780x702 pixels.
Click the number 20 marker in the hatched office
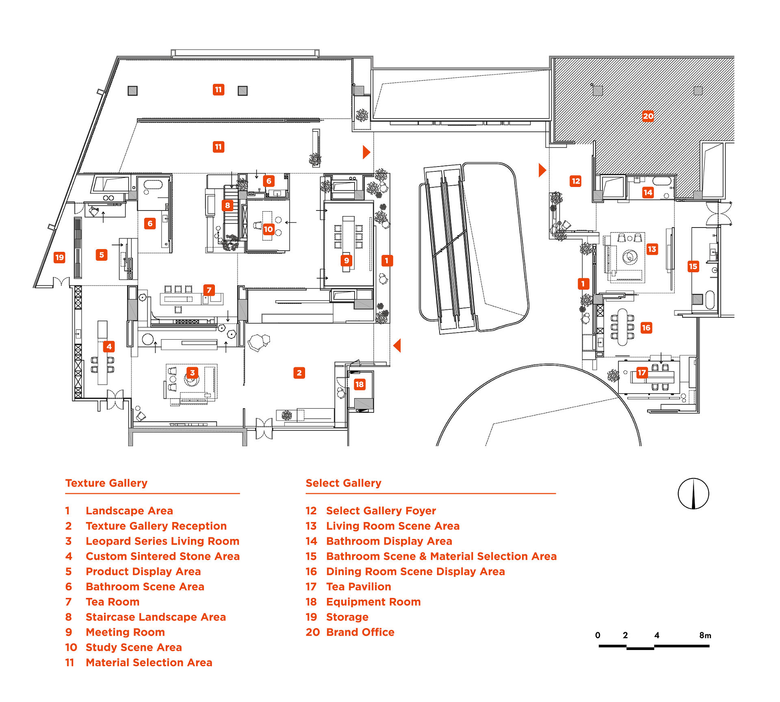pyautogui.click(x=648, y=116)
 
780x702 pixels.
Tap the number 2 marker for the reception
pyautogui.click(x=299, y=373)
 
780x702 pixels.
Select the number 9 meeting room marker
pyautogui.click(x=346, y=260)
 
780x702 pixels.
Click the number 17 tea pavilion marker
pyautogui.click(x=641, y=373)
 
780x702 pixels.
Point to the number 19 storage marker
pyautogui.click(x=59, y=257)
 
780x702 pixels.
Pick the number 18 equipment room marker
pyautogui.click(x=360, y=384)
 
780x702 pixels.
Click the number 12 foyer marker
pyautogui.click(x=576, y=181)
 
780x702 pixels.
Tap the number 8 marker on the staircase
pyautogui.click(x=227, y=205)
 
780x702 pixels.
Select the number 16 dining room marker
pyautogui.click(x=646, y=328)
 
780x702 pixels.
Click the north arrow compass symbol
pyautogui.click(x=693, y=494)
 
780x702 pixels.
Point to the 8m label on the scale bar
pyautogui.click(x=705, y=635)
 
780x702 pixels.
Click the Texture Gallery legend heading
pyautogui.click(x=106, y=483)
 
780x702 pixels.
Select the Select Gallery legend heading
pyautogui.click(x=343, y=483)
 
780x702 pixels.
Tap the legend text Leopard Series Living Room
pyautogui.click(x=162, y=541)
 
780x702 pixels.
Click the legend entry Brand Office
pyautogui.click(x=360, y=632)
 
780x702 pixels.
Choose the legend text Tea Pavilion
pyautogui.click(x=359, y=587)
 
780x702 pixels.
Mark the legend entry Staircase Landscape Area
pyautogui.click(x=156, y=617)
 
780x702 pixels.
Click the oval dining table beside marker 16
pyautogui.click(x=622, y=327)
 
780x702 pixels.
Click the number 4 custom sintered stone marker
pyautogui.click(x=108, y=347)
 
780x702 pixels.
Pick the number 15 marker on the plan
pyautogui.click(x=693, y=266)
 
